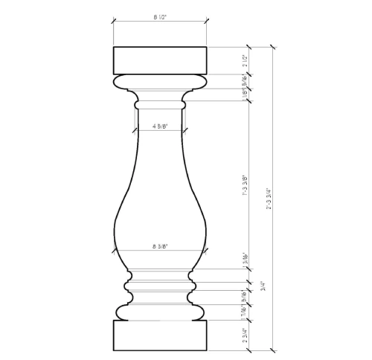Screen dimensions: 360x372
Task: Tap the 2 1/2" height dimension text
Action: (x=245, y=60)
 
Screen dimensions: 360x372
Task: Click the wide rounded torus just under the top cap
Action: (x=160, y=81)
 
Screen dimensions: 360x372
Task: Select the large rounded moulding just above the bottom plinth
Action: (x=160, y=311)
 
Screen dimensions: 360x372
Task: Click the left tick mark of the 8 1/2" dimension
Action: (x=113, y=21)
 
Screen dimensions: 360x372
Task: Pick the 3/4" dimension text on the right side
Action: (x=261, y=286)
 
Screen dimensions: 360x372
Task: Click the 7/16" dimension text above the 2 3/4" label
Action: (x=245, y=312)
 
